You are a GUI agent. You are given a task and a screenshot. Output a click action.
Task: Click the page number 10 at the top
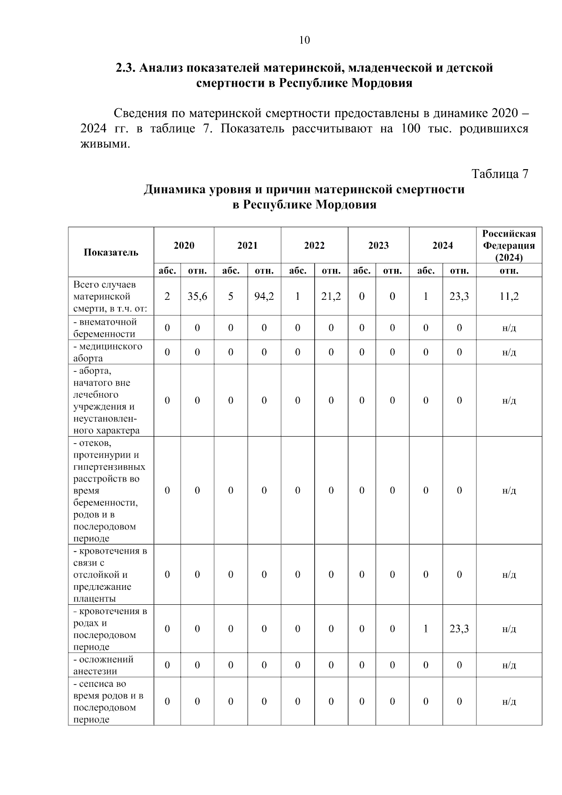click(x=304, y=40)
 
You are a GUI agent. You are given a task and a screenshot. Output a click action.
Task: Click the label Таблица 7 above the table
click(x=500, y=174)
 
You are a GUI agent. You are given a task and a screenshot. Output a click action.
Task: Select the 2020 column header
click(x=184, y=245)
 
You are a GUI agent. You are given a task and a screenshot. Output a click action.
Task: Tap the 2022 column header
click(x=314, y=245)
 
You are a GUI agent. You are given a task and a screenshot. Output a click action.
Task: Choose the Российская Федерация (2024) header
click(x=509, y=245)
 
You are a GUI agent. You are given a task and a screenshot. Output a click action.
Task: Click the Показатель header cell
click(x=111, y=253)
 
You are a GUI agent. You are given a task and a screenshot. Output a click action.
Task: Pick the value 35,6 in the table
click(x=197, y=297)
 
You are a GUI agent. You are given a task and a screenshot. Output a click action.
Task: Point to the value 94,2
click(x=264, y=297)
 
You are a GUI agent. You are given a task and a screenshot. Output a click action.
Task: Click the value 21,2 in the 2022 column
click(x=331, y=297)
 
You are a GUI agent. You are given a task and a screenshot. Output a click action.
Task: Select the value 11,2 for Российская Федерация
click(x=509, y=297)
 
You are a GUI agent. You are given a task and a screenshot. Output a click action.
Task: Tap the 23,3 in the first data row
click(x=459, y=297)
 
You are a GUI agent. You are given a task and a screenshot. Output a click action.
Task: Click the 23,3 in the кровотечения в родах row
click(x=459, y=629)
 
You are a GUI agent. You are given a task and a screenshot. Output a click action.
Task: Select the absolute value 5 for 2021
click(x=231, y=297)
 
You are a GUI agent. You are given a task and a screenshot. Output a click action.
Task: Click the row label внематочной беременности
click(x=105, y=328)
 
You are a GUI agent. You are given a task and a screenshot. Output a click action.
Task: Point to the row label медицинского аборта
click(x=108, y=352)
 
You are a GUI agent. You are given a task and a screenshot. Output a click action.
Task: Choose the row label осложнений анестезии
click(x=104, y=665)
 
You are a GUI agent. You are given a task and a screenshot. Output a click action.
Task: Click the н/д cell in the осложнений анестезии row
click(x=509, y=665)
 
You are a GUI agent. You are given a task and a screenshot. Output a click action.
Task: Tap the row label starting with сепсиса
click(x=108, y=701)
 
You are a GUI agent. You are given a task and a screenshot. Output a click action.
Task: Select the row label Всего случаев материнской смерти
click(x=110, y=297)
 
